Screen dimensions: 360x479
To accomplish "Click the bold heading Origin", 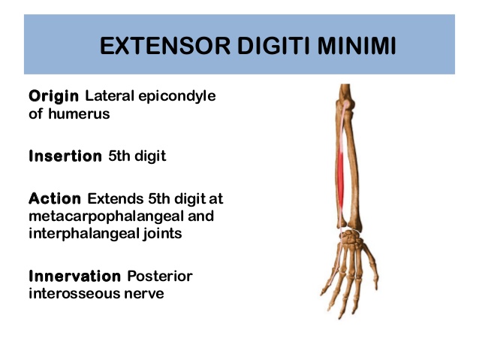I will point(54,97).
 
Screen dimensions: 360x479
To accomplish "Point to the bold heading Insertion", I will point(65,157).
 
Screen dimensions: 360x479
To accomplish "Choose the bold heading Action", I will point(55,200).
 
